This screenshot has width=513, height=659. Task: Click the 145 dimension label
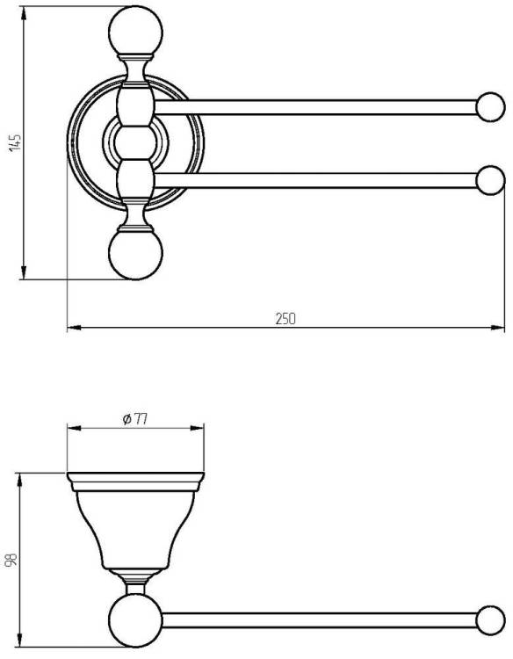(x=15, y=143)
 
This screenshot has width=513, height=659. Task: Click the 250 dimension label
(x=285, y=319)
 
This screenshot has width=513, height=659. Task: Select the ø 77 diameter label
(x=135, y=419)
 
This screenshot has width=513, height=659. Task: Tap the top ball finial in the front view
(x=135, y=31)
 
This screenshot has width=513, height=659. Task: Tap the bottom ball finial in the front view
(x=135, y=254)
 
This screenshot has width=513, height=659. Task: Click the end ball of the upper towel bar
(x=490, y=107)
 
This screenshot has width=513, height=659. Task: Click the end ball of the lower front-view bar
(x=490, y=180)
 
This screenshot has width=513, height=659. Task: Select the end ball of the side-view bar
(x=490, y=620)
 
